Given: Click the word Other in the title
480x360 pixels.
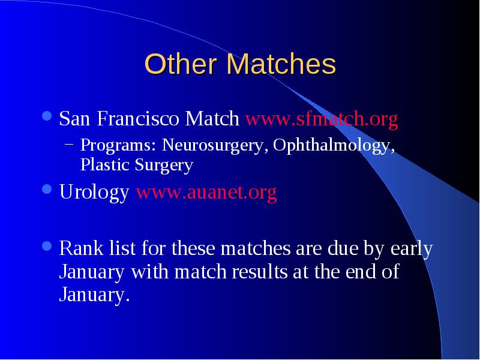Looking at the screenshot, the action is click(181, 64).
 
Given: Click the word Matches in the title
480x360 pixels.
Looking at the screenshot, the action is click(281, 64).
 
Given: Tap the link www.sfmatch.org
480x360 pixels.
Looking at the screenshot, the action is click(322, 119).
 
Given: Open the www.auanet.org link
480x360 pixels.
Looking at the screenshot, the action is click(206, 192).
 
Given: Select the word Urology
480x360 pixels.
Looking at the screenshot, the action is click(94, 193).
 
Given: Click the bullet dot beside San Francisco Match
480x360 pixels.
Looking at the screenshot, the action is click(47, 116).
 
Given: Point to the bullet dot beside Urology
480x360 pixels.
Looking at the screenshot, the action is click(47, 189).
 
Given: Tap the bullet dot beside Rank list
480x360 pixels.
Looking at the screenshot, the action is click(47, 246).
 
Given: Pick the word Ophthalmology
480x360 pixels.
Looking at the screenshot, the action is click(334, 145).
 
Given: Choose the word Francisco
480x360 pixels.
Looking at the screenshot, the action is click(138, 118).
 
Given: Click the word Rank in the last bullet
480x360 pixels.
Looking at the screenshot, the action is click(81, 248).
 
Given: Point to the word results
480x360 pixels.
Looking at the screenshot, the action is click(260, 271).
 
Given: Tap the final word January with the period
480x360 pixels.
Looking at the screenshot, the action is click(95, 295).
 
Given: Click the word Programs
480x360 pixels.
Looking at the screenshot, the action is click(118, 145).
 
